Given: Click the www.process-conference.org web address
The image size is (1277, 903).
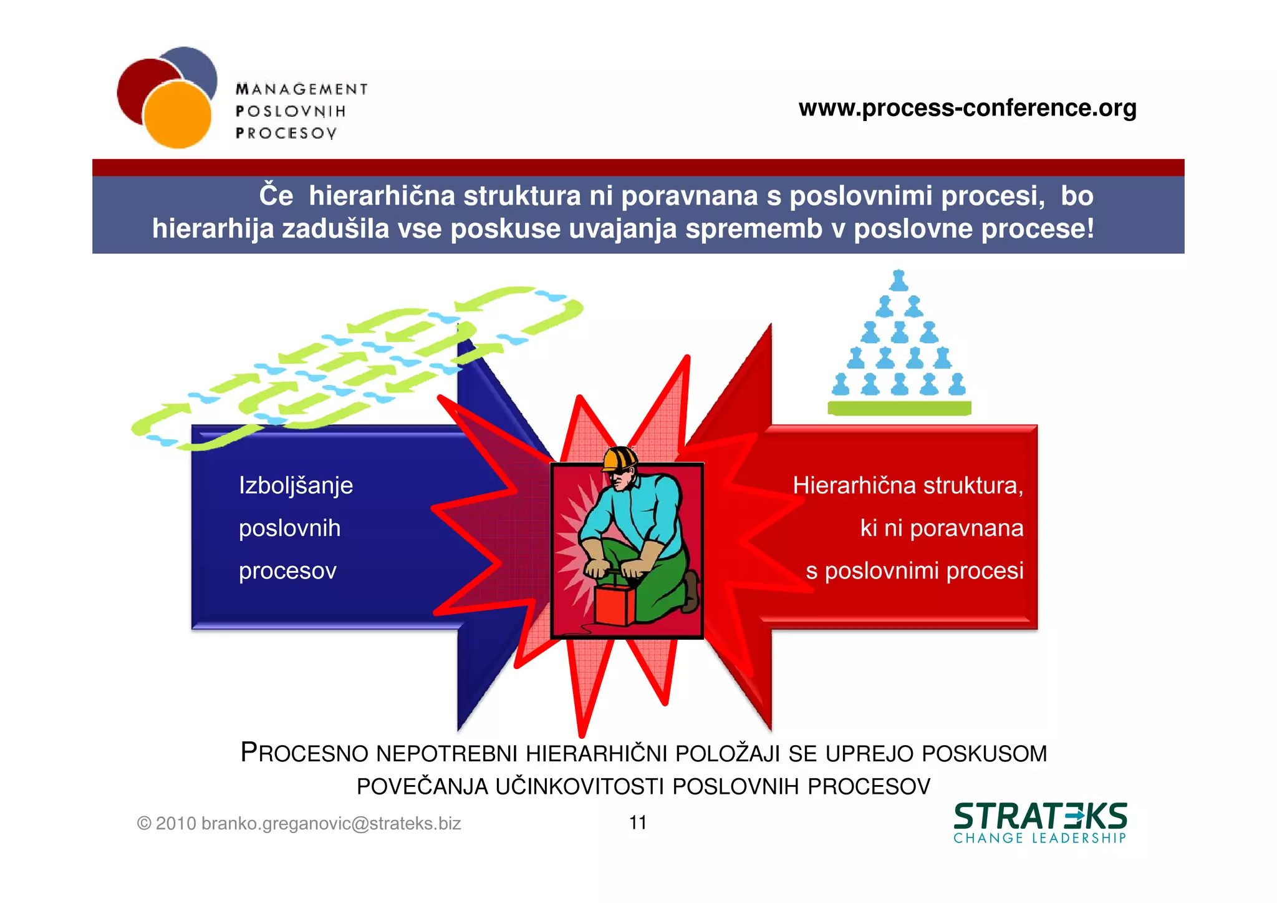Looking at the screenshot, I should coord(967,108).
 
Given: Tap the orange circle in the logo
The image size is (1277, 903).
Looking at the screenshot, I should coord(177,115).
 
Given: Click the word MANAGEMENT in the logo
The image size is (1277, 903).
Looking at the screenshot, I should coord(302,89).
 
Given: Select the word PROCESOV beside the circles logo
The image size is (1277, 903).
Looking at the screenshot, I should coord(286,133).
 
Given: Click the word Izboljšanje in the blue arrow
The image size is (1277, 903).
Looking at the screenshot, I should coord(296,486).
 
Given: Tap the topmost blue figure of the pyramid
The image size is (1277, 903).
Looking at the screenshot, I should coord(899,281).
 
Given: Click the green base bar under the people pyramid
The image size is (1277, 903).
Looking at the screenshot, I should coord(899,408).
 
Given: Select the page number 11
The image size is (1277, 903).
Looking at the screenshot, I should coord(637,822).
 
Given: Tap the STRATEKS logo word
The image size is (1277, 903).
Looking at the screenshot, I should coord(1040,816).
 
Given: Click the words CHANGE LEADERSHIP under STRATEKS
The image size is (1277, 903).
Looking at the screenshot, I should coord(1039,838).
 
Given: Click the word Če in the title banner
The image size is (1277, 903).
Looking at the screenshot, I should coord(276,195).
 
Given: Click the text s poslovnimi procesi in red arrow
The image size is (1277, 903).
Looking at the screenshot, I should coord(914,570).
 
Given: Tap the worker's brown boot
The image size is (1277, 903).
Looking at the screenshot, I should coord(691,592).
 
